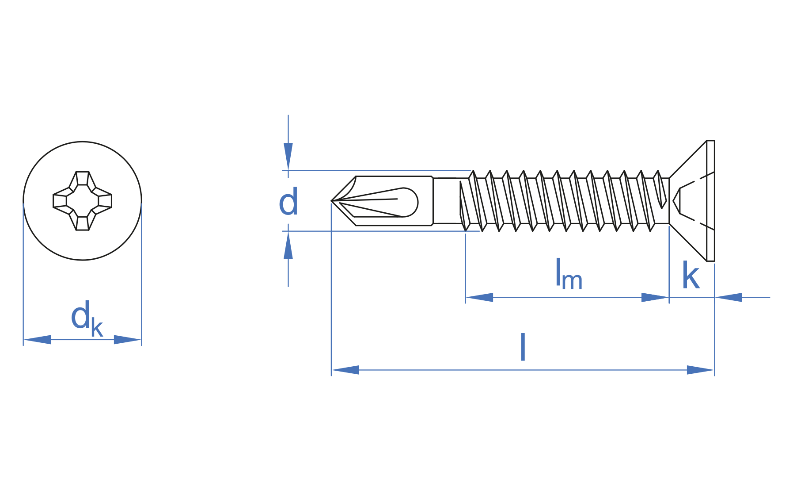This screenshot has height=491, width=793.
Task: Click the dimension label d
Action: [x=288, y=202]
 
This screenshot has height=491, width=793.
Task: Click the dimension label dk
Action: [x=86, y=318]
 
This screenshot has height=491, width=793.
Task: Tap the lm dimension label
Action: [x=568, y=275]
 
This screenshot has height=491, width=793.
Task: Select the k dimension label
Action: [x=691, y=276]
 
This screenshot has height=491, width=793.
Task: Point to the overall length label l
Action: [x=523, y=347]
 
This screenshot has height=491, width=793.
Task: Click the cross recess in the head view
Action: [x=82, y=201]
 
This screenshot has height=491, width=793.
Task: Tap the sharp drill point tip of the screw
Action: [x=332, y=201]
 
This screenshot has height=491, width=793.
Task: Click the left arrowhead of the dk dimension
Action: [x=37, y=340]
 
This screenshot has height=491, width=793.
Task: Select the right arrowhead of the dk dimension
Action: [x=127, y=340]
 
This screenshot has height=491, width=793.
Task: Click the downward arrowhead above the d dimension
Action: [x=288, y=156]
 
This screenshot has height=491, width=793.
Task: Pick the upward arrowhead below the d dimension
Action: [x=288, y=245]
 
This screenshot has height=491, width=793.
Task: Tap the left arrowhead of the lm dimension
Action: [x=479, y=297]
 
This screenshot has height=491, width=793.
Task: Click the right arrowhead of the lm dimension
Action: [x=655, y=297]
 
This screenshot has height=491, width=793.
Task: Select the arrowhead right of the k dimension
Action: [x=728, y=297]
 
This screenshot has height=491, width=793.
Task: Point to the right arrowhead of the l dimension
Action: [x=700, y=370]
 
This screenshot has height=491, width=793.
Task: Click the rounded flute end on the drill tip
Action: [x=410, y=202]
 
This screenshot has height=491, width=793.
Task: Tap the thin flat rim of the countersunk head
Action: [x=710, y=201]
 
